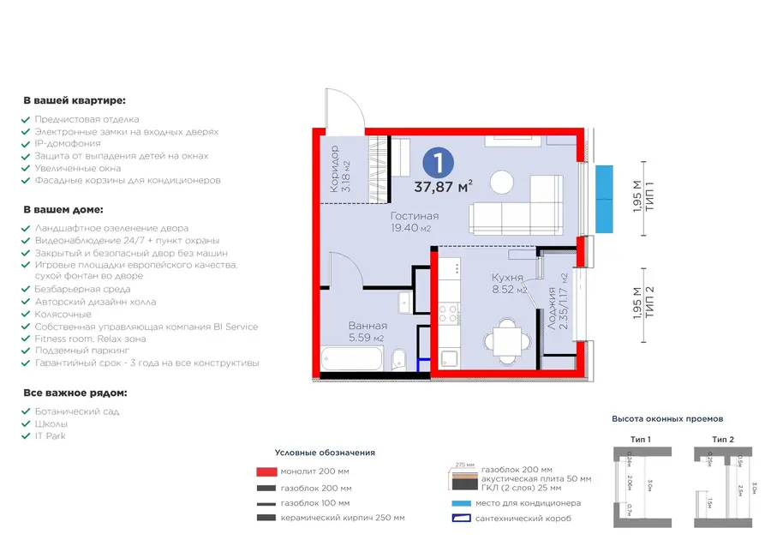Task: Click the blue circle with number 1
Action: point(439,161)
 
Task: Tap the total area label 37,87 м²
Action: point(444,187)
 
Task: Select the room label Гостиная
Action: point(414,216)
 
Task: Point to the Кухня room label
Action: point(507,277)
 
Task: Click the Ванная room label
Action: point(368,326)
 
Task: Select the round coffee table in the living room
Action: point(502,182)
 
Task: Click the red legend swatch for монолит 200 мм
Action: point(266,471)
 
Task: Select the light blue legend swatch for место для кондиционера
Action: point(460,503)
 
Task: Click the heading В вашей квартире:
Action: point(75,100)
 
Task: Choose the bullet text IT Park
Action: point(50,435)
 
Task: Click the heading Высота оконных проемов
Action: point(667,419)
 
